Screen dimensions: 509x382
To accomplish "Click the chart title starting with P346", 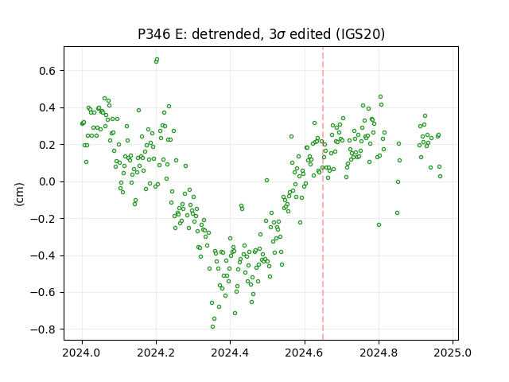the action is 262,34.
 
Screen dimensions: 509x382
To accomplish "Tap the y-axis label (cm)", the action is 19,194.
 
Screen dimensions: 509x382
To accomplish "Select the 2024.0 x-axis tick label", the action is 82,353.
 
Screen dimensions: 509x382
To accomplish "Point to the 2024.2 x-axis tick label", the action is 156,353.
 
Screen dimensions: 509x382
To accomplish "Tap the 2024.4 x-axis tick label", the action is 230,353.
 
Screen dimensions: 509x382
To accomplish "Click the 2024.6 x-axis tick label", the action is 305,353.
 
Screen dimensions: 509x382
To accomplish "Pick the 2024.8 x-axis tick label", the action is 379,353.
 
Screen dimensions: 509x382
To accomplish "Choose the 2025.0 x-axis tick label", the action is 453,353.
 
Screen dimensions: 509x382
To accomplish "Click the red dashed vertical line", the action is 323,193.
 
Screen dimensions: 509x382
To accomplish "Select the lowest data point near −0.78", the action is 212,327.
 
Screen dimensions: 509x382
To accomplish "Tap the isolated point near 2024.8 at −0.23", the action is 379,224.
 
